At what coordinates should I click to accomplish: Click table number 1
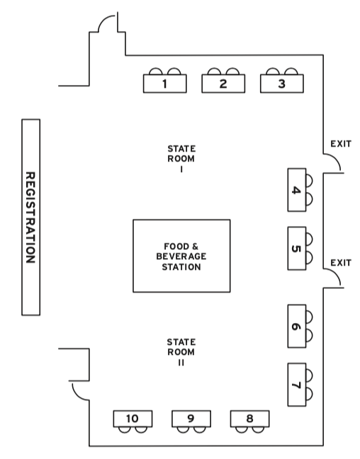pos(164,84)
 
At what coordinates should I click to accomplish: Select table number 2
pos(223,84)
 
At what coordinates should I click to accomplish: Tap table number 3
pos(282,84)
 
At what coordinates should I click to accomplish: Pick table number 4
pos(297,190)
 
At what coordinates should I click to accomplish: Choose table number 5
pos(297,248)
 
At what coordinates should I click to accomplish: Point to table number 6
pos(297,326)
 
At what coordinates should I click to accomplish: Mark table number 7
pos(297,385)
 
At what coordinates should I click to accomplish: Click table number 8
pos(249,419)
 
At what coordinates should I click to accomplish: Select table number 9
pos(191,419)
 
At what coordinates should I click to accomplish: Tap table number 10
pos(133,419)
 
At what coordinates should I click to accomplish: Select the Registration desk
pos(30,217)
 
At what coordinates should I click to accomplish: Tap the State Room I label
pos(181,159)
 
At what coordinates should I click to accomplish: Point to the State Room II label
pos(181,352)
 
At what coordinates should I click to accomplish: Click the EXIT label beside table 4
pos(341,144)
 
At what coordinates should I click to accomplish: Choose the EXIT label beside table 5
pos(341,263)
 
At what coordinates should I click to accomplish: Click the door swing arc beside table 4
pos(336,159)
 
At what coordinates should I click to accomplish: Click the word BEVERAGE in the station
pos(181,256)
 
